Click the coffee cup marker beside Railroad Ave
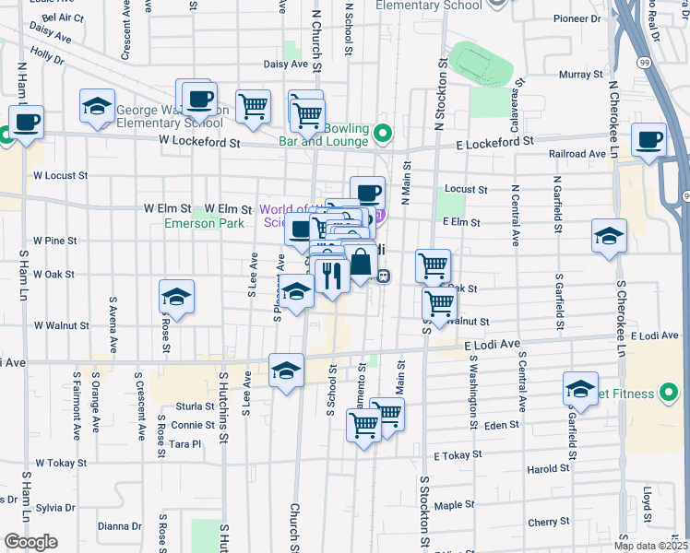649,140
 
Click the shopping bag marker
361,265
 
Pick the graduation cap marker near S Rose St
176,297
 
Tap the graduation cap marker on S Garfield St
581,389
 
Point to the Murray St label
581,73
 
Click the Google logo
31,541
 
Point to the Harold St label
548,468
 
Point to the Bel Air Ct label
64,18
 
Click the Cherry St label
549,522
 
